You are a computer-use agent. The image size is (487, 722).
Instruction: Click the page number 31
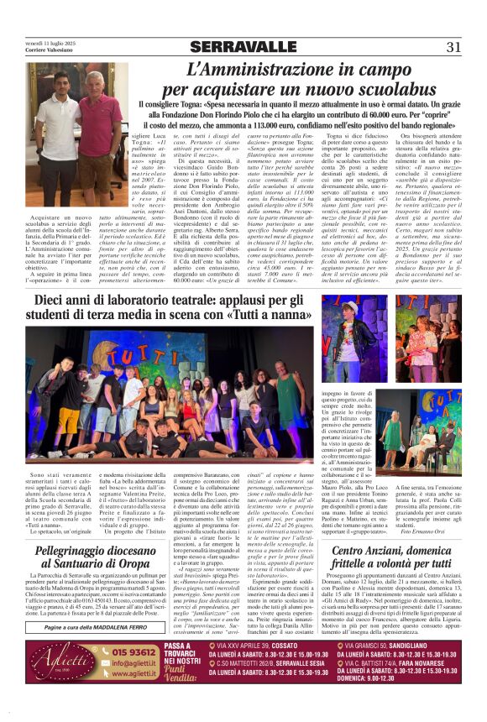coord(454,47)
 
